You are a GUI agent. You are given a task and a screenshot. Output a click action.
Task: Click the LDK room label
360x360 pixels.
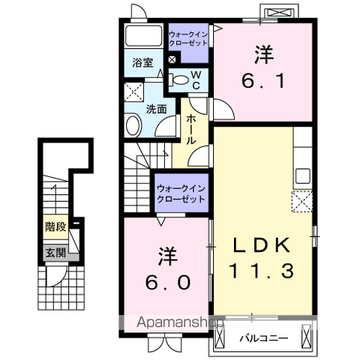(x=262, y=246)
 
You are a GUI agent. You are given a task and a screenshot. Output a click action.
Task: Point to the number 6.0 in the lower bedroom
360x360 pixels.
(x=168, y=281)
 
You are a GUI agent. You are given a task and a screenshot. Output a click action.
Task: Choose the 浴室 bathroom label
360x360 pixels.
(x=143, y=63)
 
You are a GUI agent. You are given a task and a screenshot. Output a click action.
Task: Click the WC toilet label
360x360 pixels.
(x=193, y=79)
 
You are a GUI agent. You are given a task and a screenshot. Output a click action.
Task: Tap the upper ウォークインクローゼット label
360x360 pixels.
(x=189, y=37)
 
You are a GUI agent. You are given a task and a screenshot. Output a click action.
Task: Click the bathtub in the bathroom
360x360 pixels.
(x=143, y=36)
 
